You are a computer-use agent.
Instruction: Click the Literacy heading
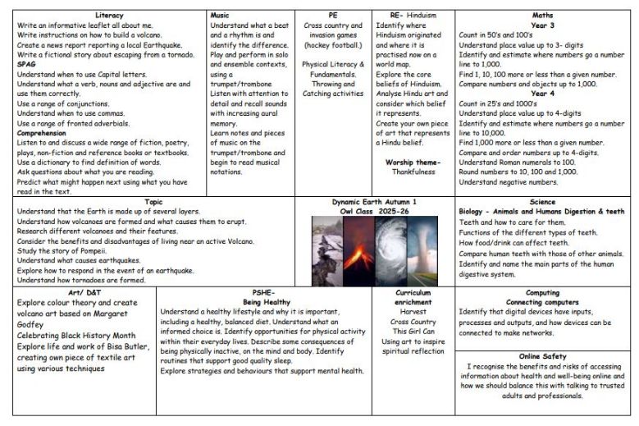109,16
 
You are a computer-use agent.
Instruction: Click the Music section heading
220,16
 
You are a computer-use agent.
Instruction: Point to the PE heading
333,16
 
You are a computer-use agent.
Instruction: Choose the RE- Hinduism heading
411,16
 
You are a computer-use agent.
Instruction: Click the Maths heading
542,16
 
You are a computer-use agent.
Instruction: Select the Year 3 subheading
542,25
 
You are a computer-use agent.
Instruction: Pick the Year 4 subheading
542,93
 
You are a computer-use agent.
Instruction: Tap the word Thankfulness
412,172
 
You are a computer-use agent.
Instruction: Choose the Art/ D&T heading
80,292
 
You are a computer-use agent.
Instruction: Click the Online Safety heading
542,355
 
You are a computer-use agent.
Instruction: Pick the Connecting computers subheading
542,302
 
